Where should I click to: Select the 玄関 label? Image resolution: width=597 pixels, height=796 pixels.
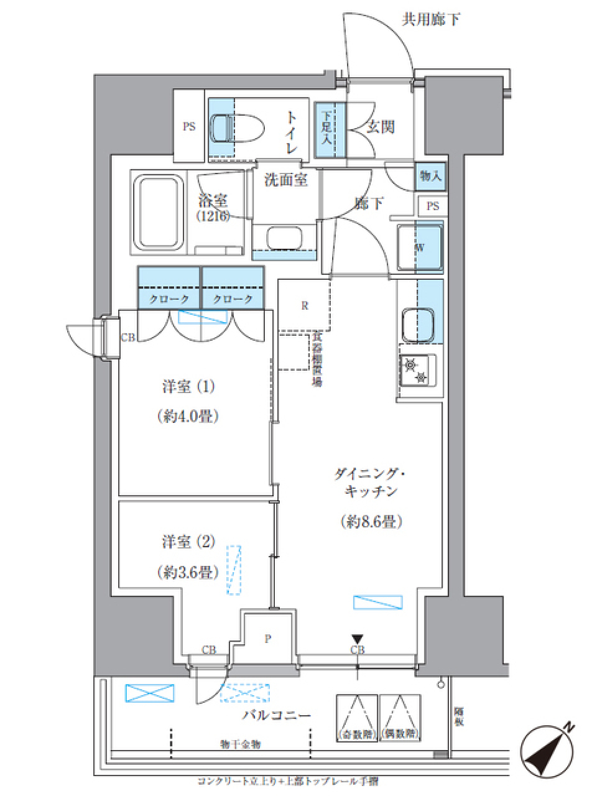tap(380, 127)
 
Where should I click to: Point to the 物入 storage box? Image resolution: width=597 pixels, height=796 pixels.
tap(430, 177)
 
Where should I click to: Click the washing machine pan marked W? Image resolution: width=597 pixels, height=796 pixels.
tap(420, 248)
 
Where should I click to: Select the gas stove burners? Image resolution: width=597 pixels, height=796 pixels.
tap(417, 369)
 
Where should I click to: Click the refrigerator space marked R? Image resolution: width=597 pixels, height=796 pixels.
tap(304, 305)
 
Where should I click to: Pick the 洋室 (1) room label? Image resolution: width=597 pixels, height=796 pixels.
tap(187, 387)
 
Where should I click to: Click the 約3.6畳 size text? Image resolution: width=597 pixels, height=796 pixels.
tap(187, 572)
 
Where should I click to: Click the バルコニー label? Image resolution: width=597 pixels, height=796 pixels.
tap(276, 715)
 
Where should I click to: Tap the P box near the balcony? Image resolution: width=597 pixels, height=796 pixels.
tap(267, 638)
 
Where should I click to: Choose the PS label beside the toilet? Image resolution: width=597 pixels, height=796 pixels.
tap(188, 127)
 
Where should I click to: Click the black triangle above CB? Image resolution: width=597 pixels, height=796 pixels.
tap(357, 639)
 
